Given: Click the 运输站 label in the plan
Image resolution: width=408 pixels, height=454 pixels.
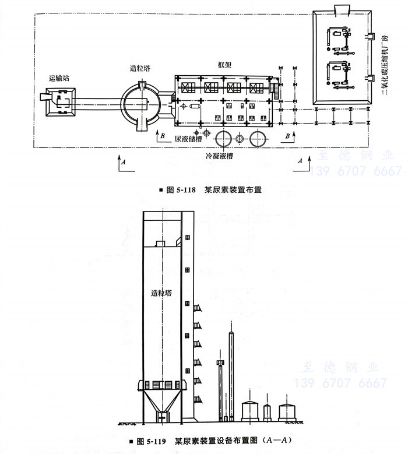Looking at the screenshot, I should [59, 78].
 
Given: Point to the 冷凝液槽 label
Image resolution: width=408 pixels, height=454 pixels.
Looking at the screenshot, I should [219, 157].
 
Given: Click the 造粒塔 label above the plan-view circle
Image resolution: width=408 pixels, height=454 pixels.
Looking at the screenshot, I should [140, 68].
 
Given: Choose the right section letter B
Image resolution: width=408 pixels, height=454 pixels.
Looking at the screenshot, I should [287, 136].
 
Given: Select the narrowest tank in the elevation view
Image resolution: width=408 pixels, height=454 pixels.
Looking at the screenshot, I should [268, 413].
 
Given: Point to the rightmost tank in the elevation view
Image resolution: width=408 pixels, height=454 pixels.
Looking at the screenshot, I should [287, 411].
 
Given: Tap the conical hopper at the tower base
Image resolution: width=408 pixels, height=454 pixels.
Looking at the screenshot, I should [162, 402].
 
